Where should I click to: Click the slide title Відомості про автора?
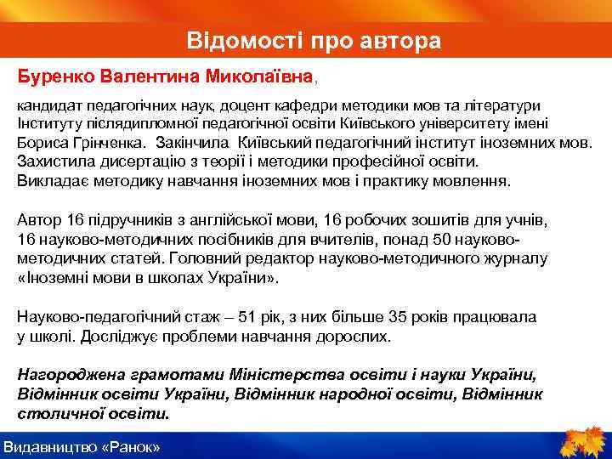pyautogui.click(x=314, y=41)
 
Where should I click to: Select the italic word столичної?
pyautogui.click(x=59, y=414)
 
